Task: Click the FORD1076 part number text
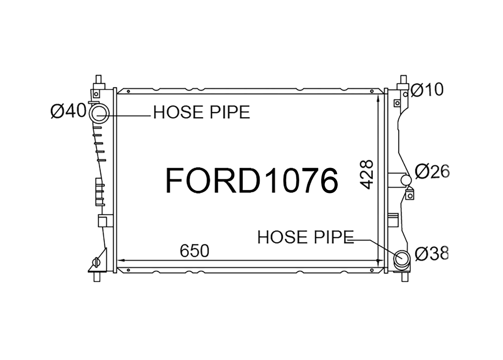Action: coord(251,180)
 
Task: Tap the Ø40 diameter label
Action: coord(68,111)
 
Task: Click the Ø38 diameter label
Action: coord(432,253)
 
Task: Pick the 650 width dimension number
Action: coord(194,251)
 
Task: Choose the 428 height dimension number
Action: coord(367,174)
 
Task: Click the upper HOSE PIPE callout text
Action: coord(202,112)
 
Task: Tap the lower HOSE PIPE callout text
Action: coord(305,237)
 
